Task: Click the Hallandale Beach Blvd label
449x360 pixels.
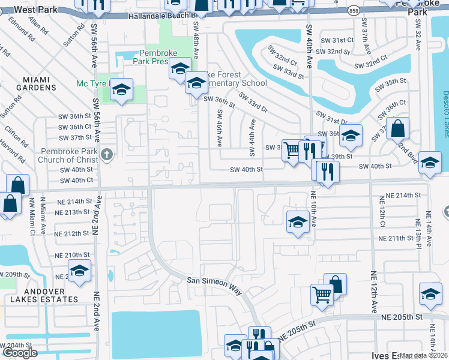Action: [x=162, y=16]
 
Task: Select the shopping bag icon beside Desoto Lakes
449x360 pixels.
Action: [x=398, y=128]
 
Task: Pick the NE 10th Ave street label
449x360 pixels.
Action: [x=313, y=209]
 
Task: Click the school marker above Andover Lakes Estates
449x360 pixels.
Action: [x=79, y=271]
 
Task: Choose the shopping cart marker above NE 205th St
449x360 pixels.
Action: [x=322, y=295]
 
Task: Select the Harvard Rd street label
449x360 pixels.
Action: [x=22, y=154]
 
